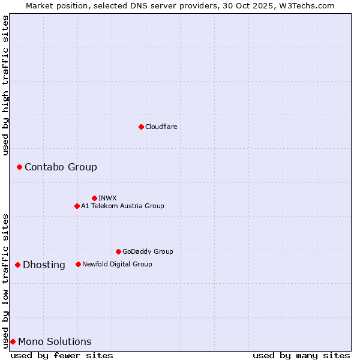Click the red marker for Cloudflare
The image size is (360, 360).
141,127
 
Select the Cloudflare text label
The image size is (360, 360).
161,127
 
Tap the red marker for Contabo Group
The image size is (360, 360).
19,167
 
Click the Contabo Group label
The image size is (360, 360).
61,167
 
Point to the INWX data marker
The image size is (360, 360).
94,198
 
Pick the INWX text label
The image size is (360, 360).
107,199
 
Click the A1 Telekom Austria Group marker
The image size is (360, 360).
77,206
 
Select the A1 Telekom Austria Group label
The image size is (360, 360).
122,206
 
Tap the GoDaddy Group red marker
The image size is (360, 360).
118,251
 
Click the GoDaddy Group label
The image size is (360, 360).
148,252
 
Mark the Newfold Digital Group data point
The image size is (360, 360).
78,264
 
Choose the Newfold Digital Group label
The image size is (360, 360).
117,265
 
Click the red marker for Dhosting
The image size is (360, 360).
17,265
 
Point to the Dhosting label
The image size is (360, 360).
44,265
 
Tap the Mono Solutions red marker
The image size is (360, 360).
13,341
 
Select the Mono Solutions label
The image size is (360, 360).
55,342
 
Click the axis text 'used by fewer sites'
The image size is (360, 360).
62,355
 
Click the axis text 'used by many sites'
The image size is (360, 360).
301,355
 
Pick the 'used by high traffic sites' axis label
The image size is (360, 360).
5,85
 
